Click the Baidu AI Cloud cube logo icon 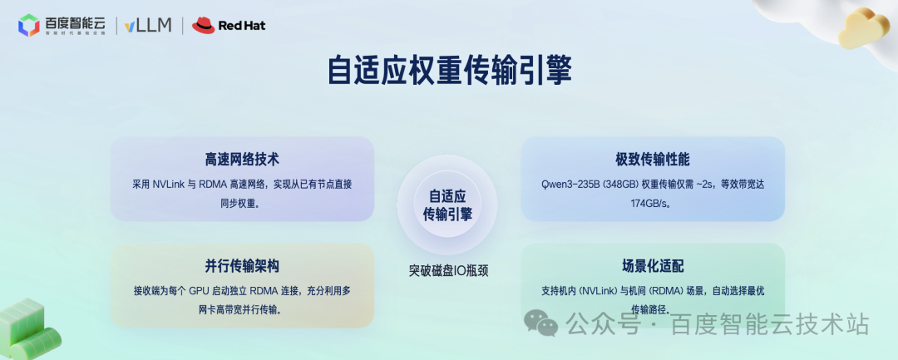pos(29,26)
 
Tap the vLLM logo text pos(148,25)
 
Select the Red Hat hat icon pos(203,26)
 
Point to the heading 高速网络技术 pos(242,160)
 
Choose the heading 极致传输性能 pos(653,160)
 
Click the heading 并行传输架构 pos(242,266)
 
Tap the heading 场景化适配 pos(653,266)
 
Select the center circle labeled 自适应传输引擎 pos(447,205)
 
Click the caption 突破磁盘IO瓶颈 pos(448,270)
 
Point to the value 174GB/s pos(654,203)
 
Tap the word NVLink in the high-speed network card pos(171,183)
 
